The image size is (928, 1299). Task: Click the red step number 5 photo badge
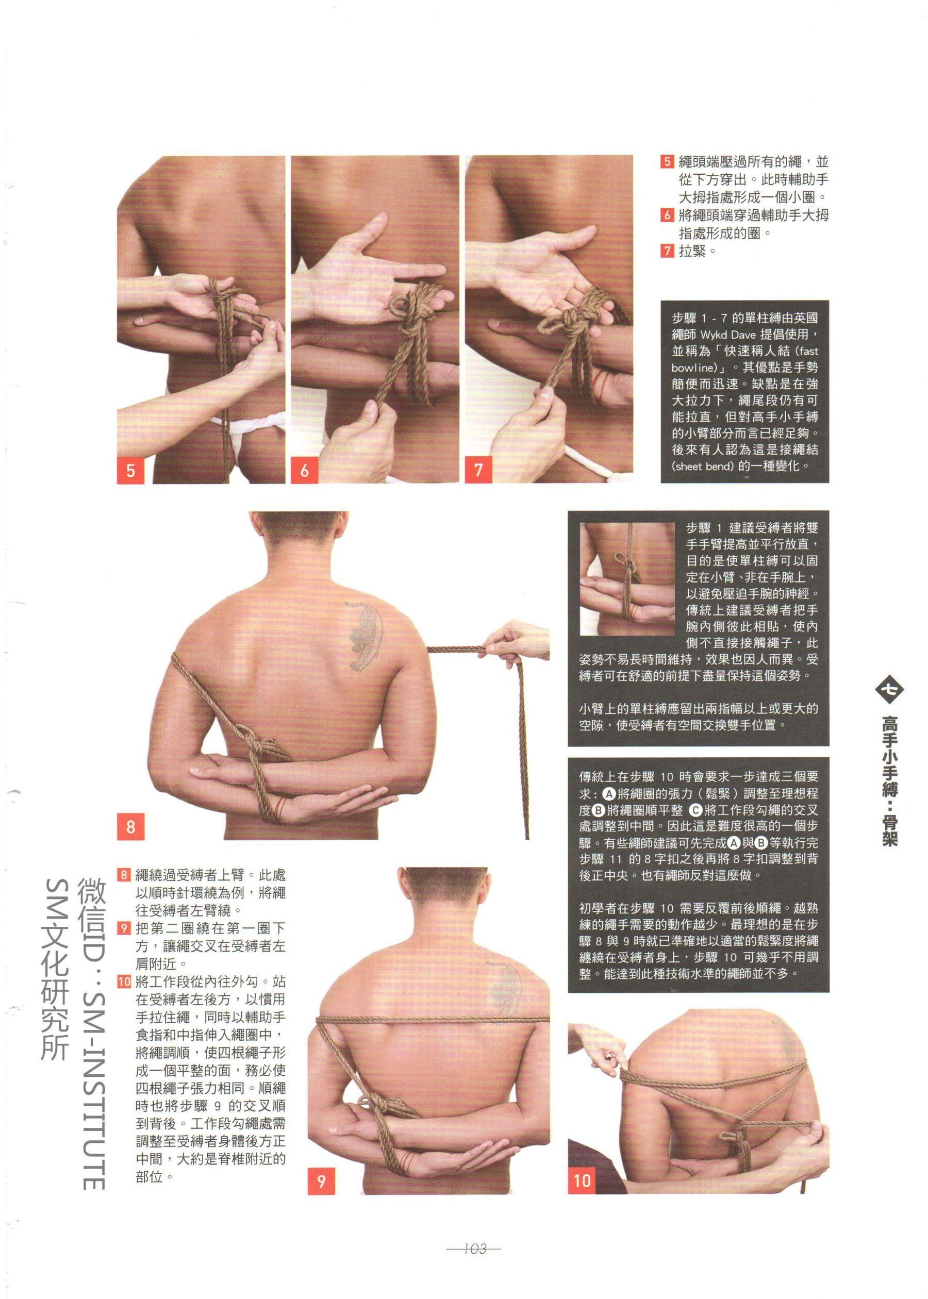point(131,470)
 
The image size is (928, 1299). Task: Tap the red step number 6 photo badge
point(305,470)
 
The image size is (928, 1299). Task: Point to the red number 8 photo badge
point(131,826)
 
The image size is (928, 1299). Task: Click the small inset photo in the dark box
point(627,580)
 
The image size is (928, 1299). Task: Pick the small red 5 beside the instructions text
point(668,161)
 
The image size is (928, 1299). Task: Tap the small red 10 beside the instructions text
point(124,982)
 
